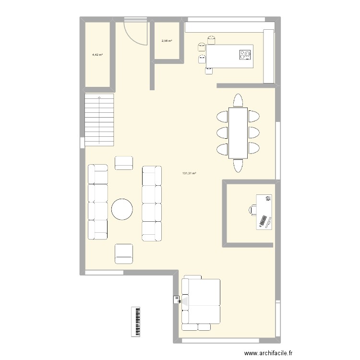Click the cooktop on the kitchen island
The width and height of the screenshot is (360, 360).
245,54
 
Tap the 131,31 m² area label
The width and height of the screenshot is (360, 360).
189,174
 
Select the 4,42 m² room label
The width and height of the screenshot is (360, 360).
97,55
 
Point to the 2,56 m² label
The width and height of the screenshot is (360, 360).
167,41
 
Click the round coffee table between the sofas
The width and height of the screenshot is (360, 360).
122,209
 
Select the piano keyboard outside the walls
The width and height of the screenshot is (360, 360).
137,321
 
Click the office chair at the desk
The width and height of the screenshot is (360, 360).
253,209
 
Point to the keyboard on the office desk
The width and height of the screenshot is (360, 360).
263,221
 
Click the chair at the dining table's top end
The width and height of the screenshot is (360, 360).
239,100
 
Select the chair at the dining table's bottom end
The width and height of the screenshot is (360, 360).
239,165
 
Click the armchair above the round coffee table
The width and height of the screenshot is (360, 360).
124,163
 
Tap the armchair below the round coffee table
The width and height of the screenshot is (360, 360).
123,253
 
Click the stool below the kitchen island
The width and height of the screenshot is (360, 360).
209,71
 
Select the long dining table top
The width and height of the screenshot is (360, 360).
239,133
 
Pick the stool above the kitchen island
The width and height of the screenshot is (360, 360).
211,39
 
